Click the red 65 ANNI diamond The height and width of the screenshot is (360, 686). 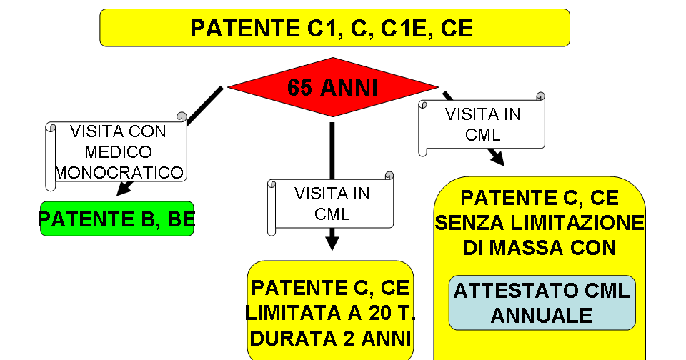coord(332,86)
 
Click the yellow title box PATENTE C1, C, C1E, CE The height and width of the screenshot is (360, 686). coord(334,28)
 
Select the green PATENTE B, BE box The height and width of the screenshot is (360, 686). coord(117,219)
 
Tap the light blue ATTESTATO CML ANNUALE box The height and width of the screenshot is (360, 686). coord(542,303)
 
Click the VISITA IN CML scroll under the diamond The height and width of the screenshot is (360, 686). coord(332,204)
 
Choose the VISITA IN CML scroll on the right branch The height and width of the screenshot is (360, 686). coord(483,124)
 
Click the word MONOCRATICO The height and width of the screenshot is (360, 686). coord(119,172)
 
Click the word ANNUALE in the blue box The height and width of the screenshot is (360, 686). coord(542,315)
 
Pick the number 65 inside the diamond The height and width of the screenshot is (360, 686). coord(300,87)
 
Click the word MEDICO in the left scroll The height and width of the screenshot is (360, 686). coord(119,152)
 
